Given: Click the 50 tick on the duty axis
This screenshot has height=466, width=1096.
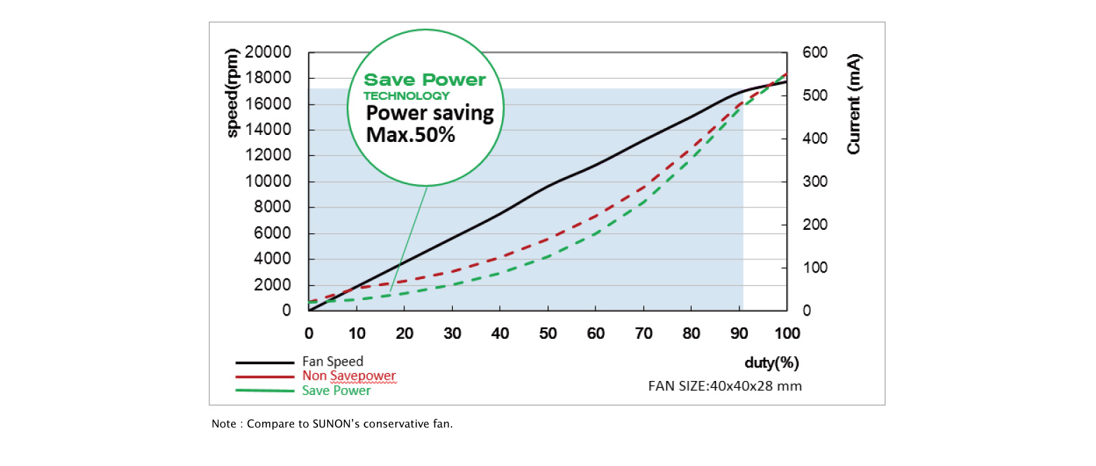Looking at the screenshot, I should (x=548, y=332).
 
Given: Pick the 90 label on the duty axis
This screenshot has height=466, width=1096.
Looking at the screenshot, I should (x=739, y=332).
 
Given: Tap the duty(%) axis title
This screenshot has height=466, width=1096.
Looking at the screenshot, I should (x=772, y=363).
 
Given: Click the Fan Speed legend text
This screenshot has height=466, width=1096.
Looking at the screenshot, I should (x=333, y=362).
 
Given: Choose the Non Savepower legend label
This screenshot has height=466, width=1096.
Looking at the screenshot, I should (x=349, y=377).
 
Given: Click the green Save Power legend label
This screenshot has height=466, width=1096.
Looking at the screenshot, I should (x=336, y=391).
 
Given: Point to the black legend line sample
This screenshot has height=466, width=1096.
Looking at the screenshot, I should (x=264, y=363).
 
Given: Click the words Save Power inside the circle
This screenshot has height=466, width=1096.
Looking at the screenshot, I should (x=425, y=80).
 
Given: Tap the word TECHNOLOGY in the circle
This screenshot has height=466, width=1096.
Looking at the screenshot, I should (x=407, y=96).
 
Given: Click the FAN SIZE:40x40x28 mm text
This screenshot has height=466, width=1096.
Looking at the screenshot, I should (x=725, y=386).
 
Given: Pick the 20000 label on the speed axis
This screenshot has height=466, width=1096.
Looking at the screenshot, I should (x=269, y=53).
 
